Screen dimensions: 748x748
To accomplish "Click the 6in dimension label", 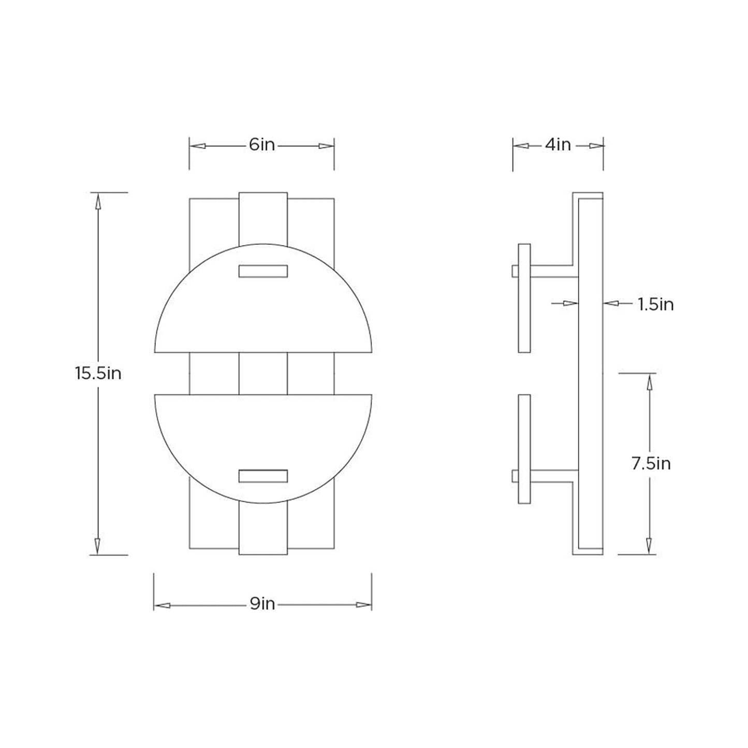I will coord(261,145).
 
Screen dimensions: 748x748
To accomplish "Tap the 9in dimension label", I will coord(262,604).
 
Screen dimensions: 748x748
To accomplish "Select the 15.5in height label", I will coord(98,373).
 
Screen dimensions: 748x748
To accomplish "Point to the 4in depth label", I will coord(558,145).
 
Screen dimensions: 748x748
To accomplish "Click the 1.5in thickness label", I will coord(655,304).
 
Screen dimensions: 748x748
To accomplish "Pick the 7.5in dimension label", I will coord(651,463).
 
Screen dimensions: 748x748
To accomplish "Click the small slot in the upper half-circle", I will coord(263,271).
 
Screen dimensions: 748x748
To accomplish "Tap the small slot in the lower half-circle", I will coord(263,476).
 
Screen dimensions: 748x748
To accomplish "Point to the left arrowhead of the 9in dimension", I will coord(162,605).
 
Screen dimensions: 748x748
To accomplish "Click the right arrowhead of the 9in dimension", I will coord(363,605).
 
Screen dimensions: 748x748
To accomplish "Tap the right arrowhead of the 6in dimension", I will coord(326,146).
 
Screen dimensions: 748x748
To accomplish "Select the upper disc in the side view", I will coord(524,298).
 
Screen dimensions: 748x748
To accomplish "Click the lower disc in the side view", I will coord(524,449).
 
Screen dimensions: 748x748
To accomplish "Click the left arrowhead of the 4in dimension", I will coord(521,146).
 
